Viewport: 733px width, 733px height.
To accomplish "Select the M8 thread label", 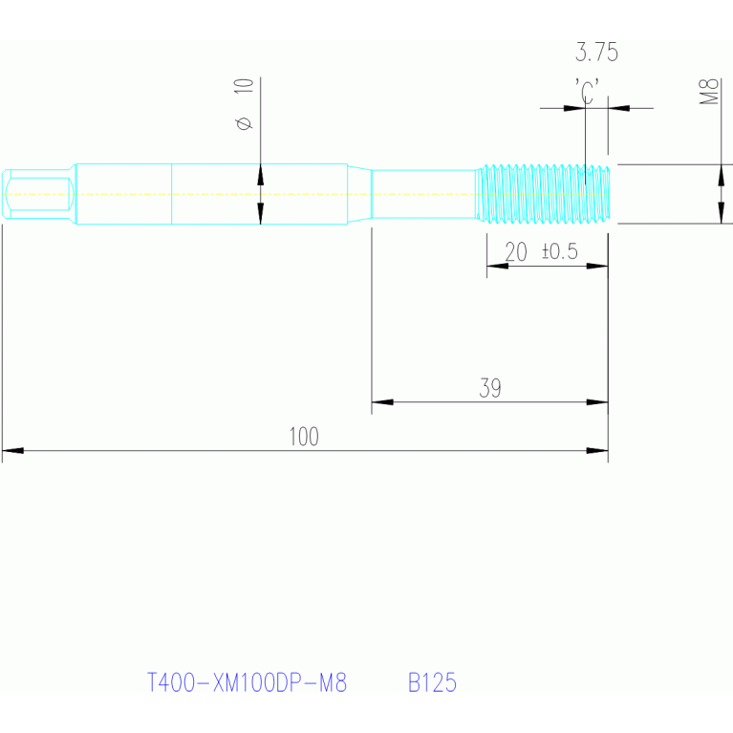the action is click(x=709, y=94).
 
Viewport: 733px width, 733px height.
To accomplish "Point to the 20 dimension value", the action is click(x=516, y=252).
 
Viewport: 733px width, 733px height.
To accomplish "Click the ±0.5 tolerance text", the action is click(x=560, y=252).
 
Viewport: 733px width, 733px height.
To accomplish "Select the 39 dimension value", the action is click(x=490, y=388).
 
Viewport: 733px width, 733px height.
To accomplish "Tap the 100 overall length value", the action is click(x=304, y=437).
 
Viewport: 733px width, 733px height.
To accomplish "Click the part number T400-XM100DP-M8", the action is click(x=247, y=683).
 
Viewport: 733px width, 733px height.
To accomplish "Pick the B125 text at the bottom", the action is click(x=432, y=683).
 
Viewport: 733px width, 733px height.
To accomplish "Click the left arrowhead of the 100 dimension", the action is click(x=11, y=449).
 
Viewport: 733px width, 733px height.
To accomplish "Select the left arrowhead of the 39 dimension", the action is click(x=381, y=401).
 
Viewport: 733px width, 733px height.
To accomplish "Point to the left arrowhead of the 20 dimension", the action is click(x=496, y=266).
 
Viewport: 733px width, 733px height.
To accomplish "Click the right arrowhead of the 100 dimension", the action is click(x=598, y=449).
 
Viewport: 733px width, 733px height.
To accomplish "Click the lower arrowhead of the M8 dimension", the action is click(x=721, y=214).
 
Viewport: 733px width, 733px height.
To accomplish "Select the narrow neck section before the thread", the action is click(x=422, y=194).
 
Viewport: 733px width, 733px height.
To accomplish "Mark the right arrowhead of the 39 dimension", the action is click(x=598, y=401).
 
